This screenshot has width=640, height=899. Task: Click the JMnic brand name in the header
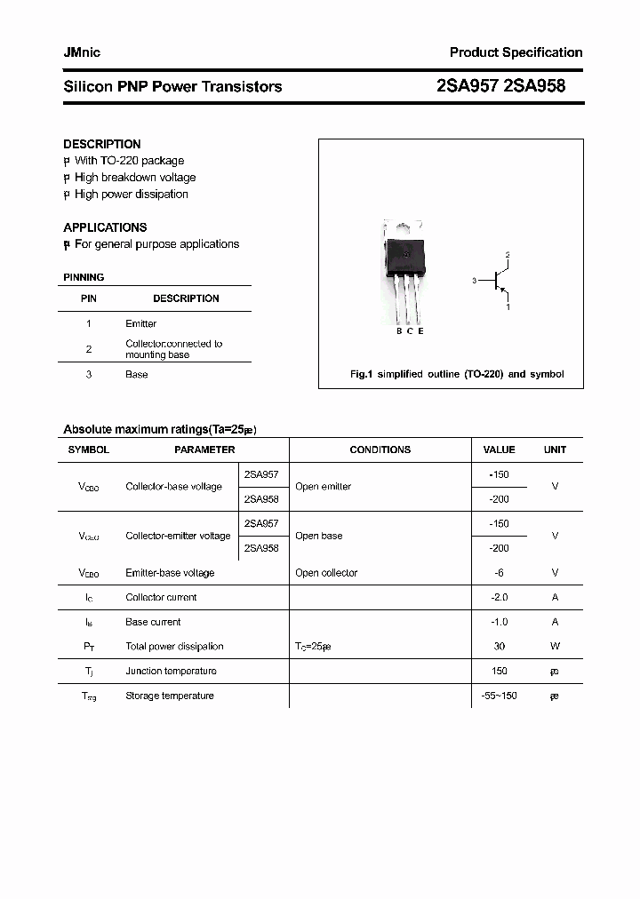click(x=82, y=52)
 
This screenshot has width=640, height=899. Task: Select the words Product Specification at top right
click(x=516, y=52)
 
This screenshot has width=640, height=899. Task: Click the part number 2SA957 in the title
click(x=468, y=86)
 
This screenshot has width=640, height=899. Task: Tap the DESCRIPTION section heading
click(x=101, y=144)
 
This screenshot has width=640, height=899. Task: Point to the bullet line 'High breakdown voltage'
click(x=134, y=178)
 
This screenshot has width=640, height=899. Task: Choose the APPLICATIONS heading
click(x=105, y=227)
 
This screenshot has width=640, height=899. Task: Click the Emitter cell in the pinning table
click(x=140, y=324)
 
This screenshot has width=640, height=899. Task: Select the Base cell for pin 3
click(x=136, y=375)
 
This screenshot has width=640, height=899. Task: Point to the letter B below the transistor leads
click(x=398, y=331)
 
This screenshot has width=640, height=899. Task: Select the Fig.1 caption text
click(x=457, y=374)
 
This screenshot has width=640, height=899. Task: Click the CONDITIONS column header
click(x=380, y=449)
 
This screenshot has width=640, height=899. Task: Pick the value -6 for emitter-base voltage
click(x=498, y=573)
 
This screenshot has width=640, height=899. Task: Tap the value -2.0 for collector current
click(x=498, y=598)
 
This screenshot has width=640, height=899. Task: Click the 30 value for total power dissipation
click(x=498, y=647)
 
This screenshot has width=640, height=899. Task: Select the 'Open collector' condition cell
click(x=326, y=573)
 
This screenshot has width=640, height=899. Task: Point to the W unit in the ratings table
click(x=555, y=647)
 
